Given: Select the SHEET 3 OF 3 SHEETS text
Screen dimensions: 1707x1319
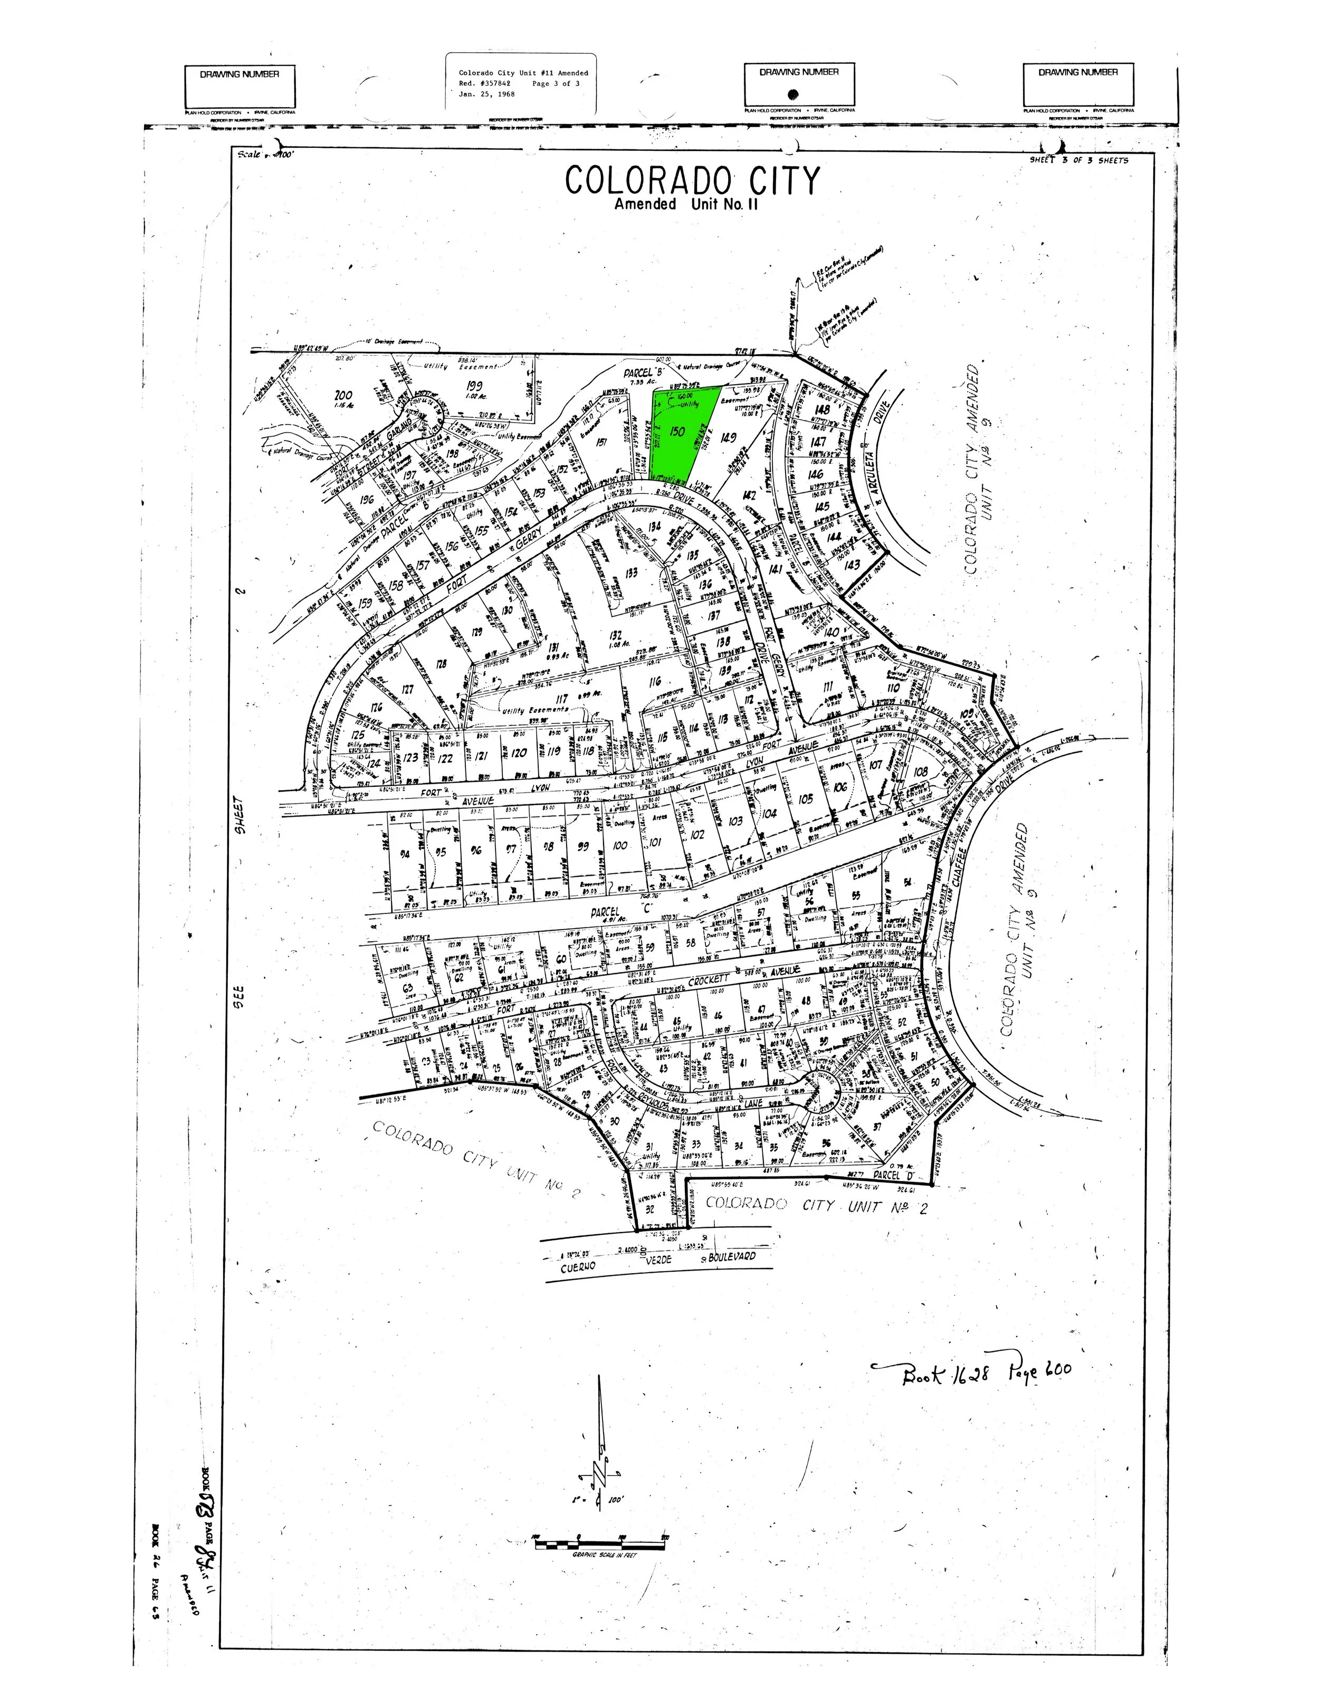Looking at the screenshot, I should [1078, 160].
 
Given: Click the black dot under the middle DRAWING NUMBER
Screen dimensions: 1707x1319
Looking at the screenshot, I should [792, 94].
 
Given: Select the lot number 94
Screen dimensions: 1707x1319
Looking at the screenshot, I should [405, 854].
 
